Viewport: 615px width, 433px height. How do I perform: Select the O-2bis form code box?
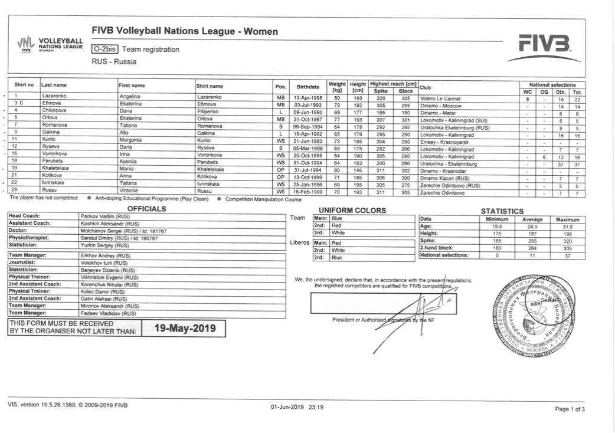click(x=105, y=50)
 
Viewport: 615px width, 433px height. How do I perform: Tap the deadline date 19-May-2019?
click(x=185, y=329)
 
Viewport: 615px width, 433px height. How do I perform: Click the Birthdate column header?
click(x=307, y=86)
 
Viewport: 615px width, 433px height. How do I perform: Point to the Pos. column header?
click(x=281, y=86)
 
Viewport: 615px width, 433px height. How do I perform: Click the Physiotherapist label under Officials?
click(x=30, y=238)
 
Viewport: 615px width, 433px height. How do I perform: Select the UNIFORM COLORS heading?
click(x=352, y=210)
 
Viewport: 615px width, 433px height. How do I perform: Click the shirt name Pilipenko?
click(x=210, y=111)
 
